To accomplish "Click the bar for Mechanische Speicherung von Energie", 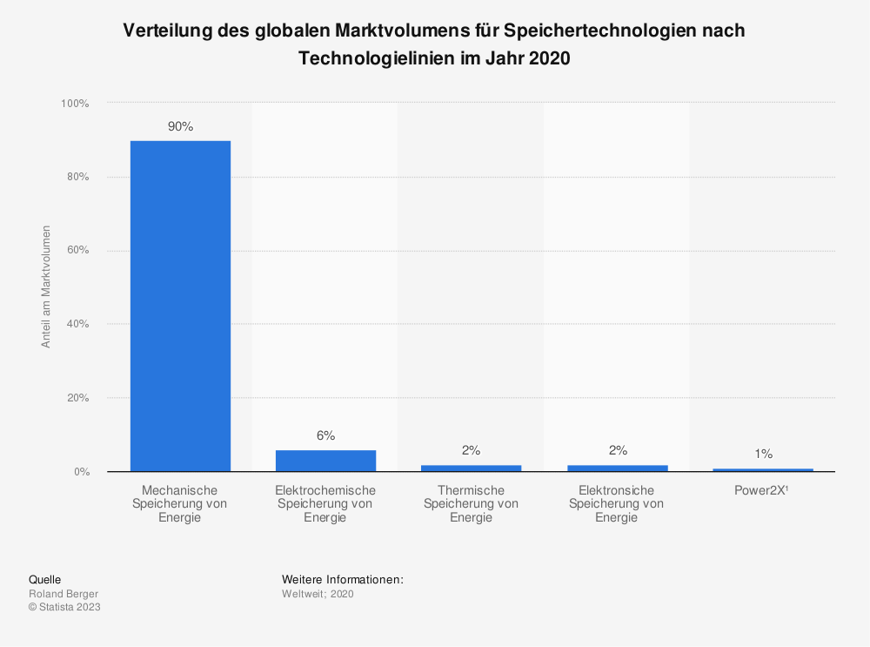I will click(180, 306).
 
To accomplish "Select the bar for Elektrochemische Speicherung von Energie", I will click(325, 461).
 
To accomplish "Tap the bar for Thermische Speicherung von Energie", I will click(471, 468).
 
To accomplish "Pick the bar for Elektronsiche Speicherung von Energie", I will click(617, 468).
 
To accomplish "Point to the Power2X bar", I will click(762, 469).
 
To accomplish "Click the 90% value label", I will click(180, 127).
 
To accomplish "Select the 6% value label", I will click(325, 435).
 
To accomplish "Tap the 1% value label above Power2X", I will click(763, 454).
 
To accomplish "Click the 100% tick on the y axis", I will click(75, 104).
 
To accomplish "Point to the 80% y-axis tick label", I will click(77, 177).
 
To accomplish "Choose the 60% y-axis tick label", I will click(77, 251).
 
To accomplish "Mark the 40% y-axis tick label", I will click(77, 324).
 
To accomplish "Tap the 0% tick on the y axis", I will click(80, 472).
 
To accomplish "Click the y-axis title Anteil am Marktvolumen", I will click(46, 286).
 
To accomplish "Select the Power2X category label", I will click(762, 490).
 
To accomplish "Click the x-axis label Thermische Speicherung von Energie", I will click(471, 503).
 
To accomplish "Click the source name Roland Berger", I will click(64, 594).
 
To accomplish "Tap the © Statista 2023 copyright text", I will click(64, 607).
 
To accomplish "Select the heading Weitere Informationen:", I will click(343, 579).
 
